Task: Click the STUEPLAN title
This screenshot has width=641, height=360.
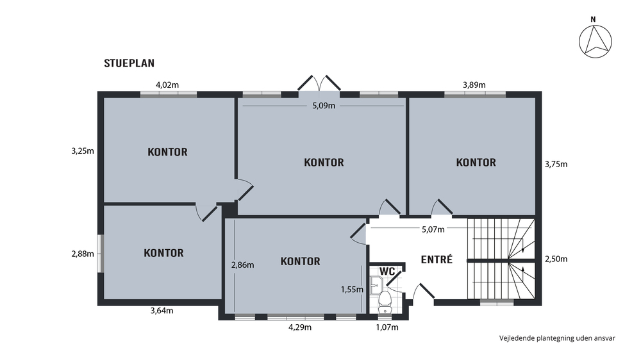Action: (129, 63)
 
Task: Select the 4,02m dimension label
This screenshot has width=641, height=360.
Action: (167, 85)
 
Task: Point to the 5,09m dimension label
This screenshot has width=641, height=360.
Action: (324, 106)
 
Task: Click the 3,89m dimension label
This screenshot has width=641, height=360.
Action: (474, 85)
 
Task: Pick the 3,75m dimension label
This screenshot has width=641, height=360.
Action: (556, 164)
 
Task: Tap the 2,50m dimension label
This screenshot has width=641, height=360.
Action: (556, 259)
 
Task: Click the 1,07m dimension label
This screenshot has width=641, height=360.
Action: (387, 327)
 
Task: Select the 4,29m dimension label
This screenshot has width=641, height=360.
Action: (300, 327)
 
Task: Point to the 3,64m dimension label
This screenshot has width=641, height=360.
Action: (162, 311)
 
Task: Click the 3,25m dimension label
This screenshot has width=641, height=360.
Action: (83, 151)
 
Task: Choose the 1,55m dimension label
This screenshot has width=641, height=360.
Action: (352, 290)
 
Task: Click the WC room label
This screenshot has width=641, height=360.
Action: (387, 272)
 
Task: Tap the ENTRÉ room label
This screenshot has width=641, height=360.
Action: (437, 259)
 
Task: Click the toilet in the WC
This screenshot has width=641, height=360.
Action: (385, 302)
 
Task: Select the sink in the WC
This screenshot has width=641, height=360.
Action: (376, 285)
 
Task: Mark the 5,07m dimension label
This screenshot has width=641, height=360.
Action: (433, 230)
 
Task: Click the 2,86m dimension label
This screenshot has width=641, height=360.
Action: (242, 265)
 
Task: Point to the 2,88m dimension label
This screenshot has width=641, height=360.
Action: (83, 254)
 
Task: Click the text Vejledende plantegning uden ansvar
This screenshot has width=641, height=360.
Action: (557, 338)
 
